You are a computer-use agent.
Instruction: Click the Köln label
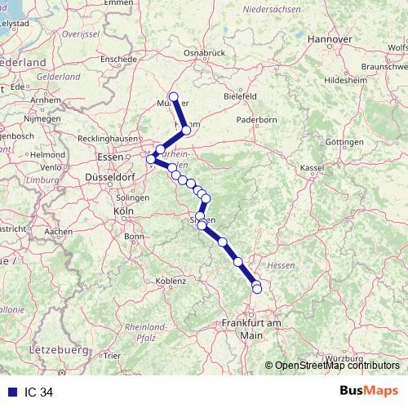point(124,211)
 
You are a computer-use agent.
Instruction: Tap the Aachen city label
point(58,232)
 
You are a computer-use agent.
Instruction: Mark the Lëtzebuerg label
point(57,349)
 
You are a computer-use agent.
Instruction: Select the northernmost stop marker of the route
point(173,97)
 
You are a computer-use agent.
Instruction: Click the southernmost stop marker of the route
point(257,289)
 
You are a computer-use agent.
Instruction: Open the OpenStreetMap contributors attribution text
point(337,366)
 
